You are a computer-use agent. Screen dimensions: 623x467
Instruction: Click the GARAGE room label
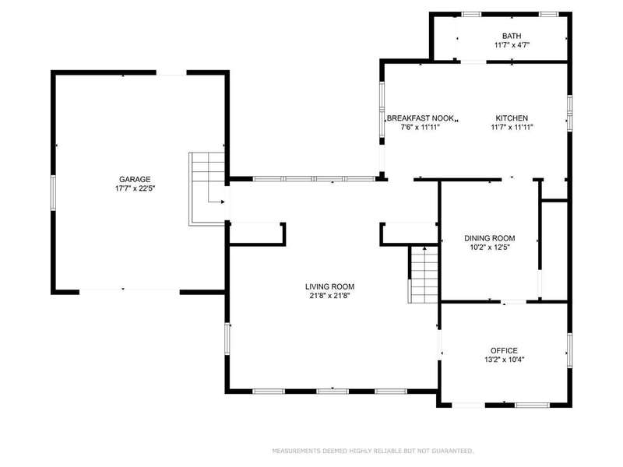pos(135,180)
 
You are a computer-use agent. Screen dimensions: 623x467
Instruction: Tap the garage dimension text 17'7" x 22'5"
pos(135,188)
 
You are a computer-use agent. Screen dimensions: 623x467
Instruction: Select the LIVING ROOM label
pos(329,286)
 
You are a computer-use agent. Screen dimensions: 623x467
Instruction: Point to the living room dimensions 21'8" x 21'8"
pos(329,296)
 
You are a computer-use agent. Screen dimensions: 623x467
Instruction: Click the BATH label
pos(512,36)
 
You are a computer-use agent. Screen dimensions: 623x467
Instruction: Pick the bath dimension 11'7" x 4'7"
pos(512,45)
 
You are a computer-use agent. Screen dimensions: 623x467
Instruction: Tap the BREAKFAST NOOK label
pos(421,118)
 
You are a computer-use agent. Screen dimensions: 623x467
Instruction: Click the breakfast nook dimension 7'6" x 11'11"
pos(421,128)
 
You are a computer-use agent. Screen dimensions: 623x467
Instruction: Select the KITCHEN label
pos(512,118)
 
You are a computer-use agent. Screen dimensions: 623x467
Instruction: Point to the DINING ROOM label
pos(490,238)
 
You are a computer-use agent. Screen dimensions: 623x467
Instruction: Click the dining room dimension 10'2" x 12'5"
pos(490,248)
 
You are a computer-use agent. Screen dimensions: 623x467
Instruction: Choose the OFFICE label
pos(504,351)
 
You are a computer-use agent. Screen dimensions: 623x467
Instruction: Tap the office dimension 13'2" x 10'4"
pos(504,360)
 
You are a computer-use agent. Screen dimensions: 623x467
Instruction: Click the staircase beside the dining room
pos(424,275)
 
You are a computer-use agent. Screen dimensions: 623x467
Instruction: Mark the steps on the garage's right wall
pos(207,189)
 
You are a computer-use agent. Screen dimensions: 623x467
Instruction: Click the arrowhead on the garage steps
pos(222,202)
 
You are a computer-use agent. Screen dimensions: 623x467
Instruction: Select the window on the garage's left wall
pos(53,193)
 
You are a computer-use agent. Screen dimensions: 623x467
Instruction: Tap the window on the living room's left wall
pos(227,339)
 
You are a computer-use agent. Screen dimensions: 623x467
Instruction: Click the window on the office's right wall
pos(569,349)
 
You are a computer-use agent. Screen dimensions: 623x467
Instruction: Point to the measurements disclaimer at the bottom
pos(373,451)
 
